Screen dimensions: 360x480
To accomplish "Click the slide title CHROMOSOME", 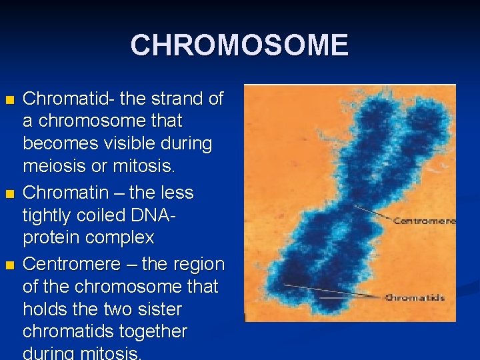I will pyautogui.click(x=239, y=45).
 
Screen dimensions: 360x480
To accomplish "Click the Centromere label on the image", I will pyautogui.click(x=424, y=221).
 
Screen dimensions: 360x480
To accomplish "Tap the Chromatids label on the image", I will pyautogui.click(x=415, y=297).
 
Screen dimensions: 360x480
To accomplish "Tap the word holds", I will pyautogui.click(x=45, y=309).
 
